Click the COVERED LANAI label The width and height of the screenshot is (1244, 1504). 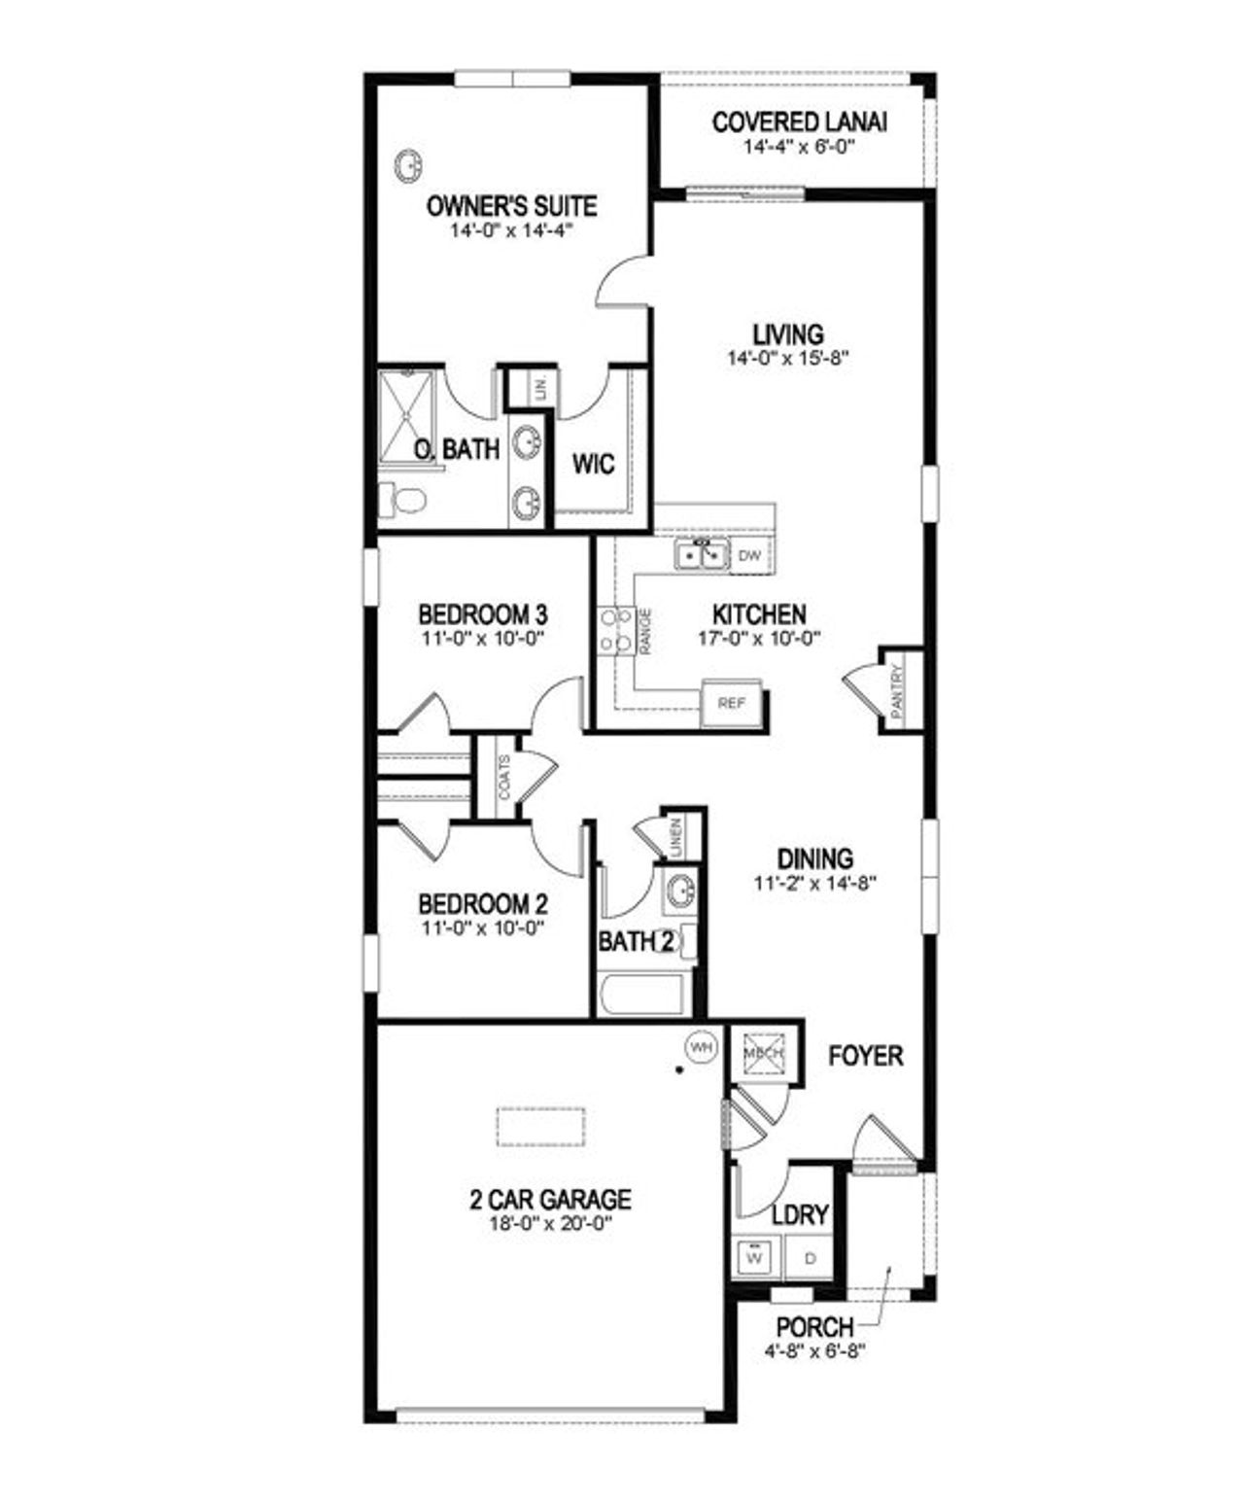[x=799, y=122]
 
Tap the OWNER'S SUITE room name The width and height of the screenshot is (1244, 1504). [x=511, y=206]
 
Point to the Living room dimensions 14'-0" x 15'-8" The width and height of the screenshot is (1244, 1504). [x=788, y=358]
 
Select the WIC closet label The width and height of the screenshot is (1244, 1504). [x=593, y=464]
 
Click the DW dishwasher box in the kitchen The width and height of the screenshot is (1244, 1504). [x=749, y=556]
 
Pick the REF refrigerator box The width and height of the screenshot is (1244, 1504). [x=731, y=702]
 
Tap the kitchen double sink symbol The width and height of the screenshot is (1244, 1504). [x=702, y=555]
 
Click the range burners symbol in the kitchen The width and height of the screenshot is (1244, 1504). [x=614, y=630]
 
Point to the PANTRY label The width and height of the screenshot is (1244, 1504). [x=897, y=688]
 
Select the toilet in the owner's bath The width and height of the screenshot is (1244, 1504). [x=403, y=500]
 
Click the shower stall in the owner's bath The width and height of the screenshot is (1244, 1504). [x=408, y=416]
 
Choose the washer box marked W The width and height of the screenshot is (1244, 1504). [x=754, y=1257]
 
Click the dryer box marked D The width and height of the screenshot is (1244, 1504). [x=811, y=1257]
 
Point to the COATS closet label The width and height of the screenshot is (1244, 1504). [x=504, y=778]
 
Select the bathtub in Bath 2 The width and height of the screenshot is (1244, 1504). [x=642, y=994]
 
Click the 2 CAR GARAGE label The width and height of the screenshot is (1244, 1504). [x=550, y=1200]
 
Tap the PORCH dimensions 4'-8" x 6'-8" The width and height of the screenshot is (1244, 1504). [x=814, y=1349]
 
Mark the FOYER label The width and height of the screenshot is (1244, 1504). [x=865, y=1056]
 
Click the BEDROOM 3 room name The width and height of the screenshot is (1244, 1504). [x=482, y=614]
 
